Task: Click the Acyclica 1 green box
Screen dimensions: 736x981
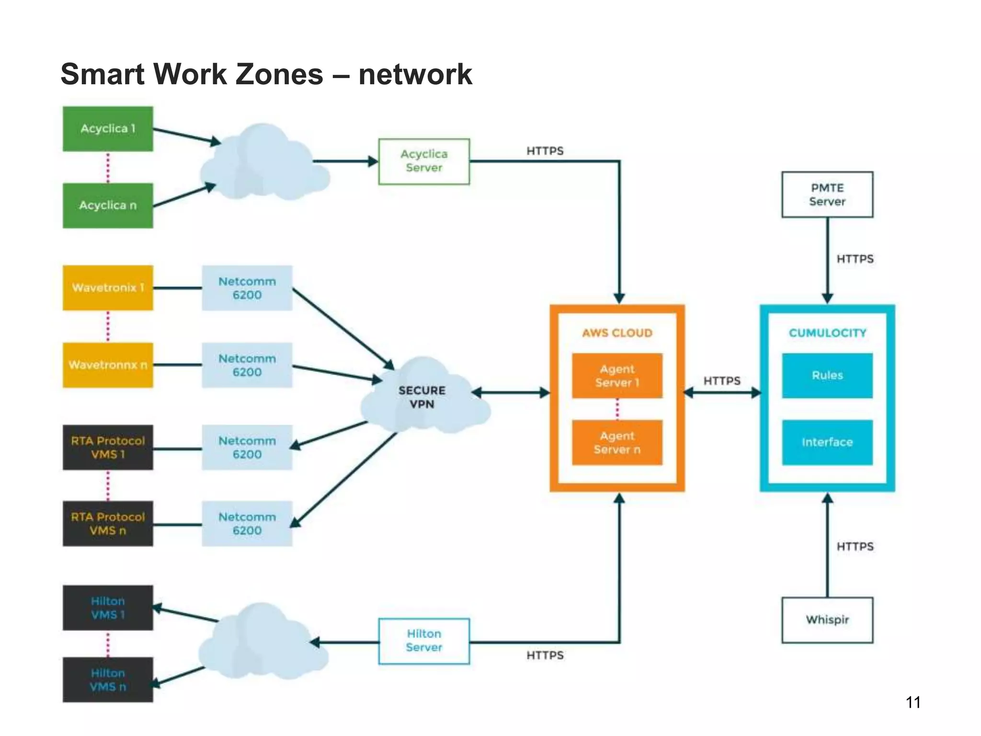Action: click(108, 129)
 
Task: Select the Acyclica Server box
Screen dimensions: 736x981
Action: click(424, 161)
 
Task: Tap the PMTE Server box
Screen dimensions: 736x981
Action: click(827, 195)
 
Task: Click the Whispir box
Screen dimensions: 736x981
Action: click(827, 620)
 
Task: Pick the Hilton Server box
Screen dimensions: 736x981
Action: click(424, 641)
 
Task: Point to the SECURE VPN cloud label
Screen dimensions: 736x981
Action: click(422, 397)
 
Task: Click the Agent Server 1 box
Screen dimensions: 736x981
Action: click(617, 376)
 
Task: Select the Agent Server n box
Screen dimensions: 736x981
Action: click(617, 443)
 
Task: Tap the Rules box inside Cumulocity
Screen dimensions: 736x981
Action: click(827, 376)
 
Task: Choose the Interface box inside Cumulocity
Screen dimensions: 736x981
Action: click(827, 442)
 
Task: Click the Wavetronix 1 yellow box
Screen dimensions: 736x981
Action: click(108, 288)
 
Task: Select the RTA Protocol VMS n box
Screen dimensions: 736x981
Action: click(108, 524)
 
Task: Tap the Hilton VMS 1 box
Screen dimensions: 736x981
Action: click(108, 608)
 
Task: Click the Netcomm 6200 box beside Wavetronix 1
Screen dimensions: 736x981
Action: click(247, 288)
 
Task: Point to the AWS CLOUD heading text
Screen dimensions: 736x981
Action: click(617, 333)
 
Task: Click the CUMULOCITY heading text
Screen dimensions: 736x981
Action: click(827, 333)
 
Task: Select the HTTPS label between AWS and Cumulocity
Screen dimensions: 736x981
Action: click(722, 381)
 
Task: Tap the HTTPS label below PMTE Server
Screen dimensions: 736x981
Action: click(855, 259)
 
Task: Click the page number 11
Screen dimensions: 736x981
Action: click(913, 702)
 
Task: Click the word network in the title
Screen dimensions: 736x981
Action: click(415, 75)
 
